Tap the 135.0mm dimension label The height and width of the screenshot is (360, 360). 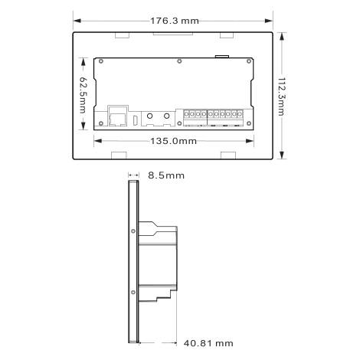pyautogui.click(x=172, y=141)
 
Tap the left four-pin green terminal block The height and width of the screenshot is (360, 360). pyautogui.click(x=193, y=116)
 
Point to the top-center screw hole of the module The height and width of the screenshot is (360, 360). pyautogui.click(x=178, y=61)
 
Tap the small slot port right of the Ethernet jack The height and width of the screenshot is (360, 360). pyautogui.click(x=136, y=120)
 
